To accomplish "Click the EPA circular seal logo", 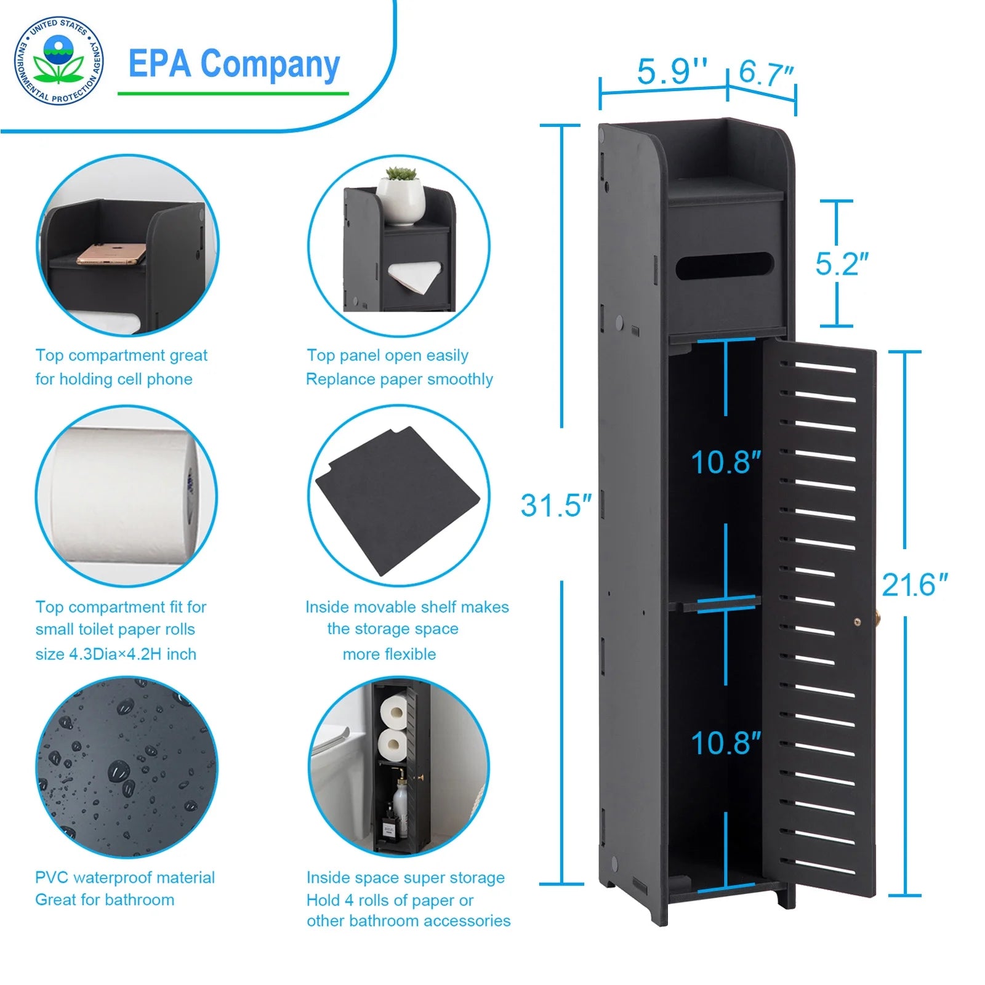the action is pos(58,60).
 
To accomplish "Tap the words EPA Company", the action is pos(234,64).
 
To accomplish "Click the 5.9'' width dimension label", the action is pos(672,71).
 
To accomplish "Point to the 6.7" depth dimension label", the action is pos(766,72).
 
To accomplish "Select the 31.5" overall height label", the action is pos(555,505).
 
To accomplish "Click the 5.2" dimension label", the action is pos(842,264).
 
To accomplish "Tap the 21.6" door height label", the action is pos(914,585).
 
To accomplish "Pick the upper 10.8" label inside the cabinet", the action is pos(725,462).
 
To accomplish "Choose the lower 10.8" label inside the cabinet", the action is pos(725,743).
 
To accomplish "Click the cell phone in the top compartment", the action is pos(111,254).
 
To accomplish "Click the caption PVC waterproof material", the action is pos(125,877).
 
